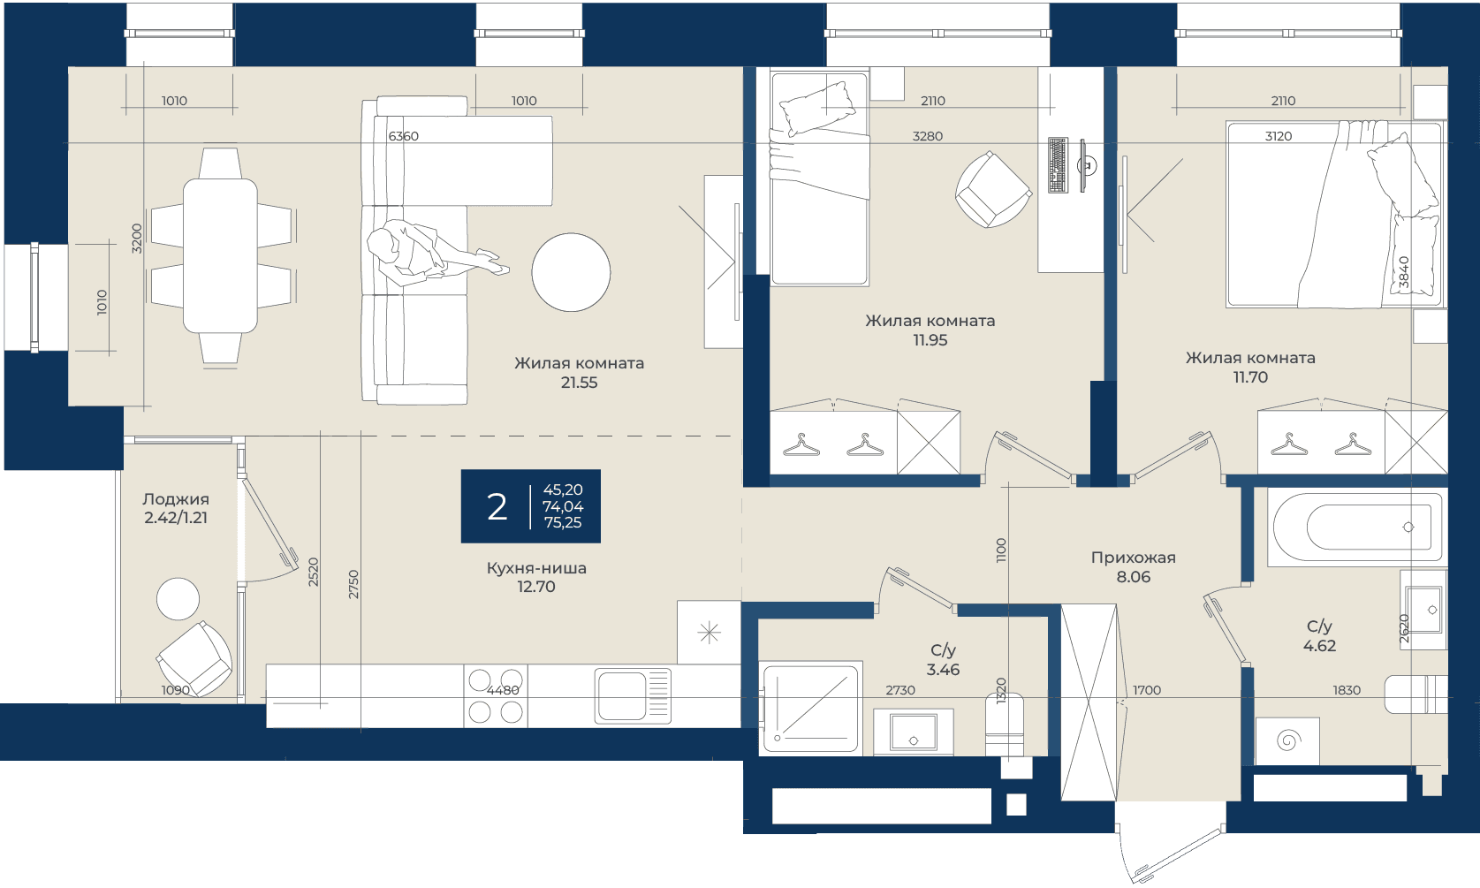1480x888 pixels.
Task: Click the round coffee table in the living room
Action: point(571,272)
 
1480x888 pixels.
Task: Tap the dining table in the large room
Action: point(220,255)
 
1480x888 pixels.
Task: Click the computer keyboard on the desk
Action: point(1058,165)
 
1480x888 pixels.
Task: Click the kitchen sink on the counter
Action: point(633,695)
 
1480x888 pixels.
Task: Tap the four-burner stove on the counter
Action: point(496,695)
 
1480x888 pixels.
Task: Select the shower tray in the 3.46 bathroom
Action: point(811,708)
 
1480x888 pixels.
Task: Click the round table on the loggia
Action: point(178,598)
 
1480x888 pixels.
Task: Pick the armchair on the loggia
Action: point(194,659)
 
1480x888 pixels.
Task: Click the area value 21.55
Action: point(579,383)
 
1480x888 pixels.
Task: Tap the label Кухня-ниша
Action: point(536,568)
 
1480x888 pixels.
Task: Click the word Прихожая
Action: point(1133,558)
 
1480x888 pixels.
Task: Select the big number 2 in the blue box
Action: point(497,507)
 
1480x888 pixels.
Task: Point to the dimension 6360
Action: point(403,136)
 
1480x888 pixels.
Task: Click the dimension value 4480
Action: point(503,690)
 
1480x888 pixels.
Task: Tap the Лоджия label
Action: point(176,499)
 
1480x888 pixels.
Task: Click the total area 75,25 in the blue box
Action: point(563,522)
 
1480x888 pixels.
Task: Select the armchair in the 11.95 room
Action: point(993,190)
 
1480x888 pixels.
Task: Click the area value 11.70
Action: point(1250,377)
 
